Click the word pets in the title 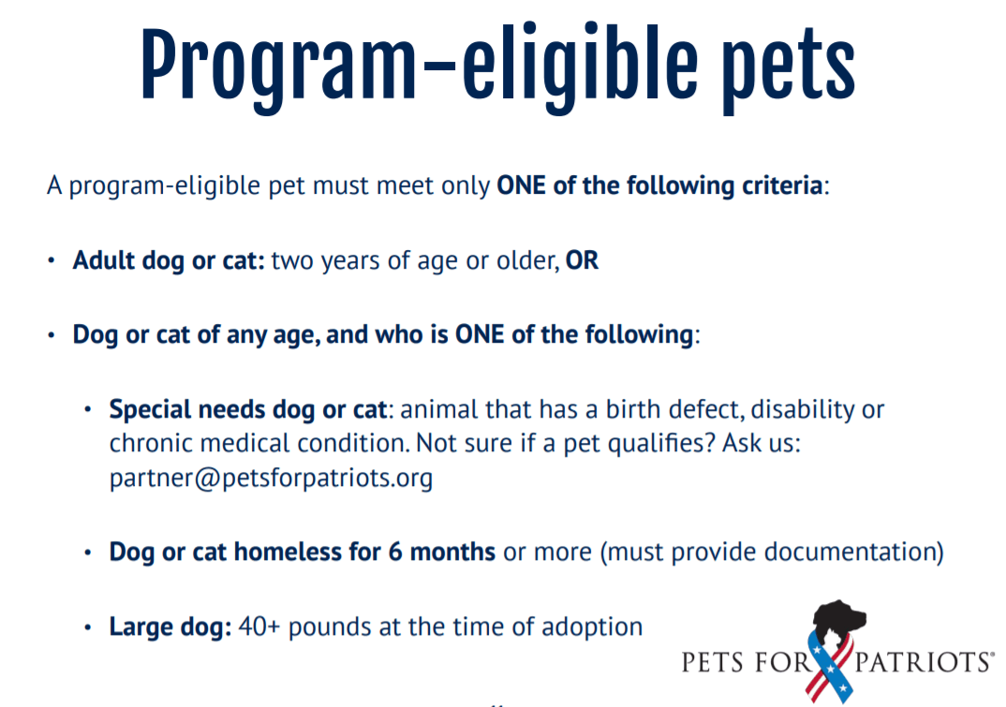pos(788,70)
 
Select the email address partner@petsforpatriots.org pos(271,478)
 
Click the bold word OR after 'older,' pos(582,260)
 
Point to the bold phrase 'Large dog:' pos(170,626)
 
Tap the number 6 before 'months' pos(395,552)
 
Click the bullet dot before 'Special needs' pos(88,409)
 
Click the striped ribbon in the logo pos(831,668)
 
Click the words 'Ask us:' pos(762,443)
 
